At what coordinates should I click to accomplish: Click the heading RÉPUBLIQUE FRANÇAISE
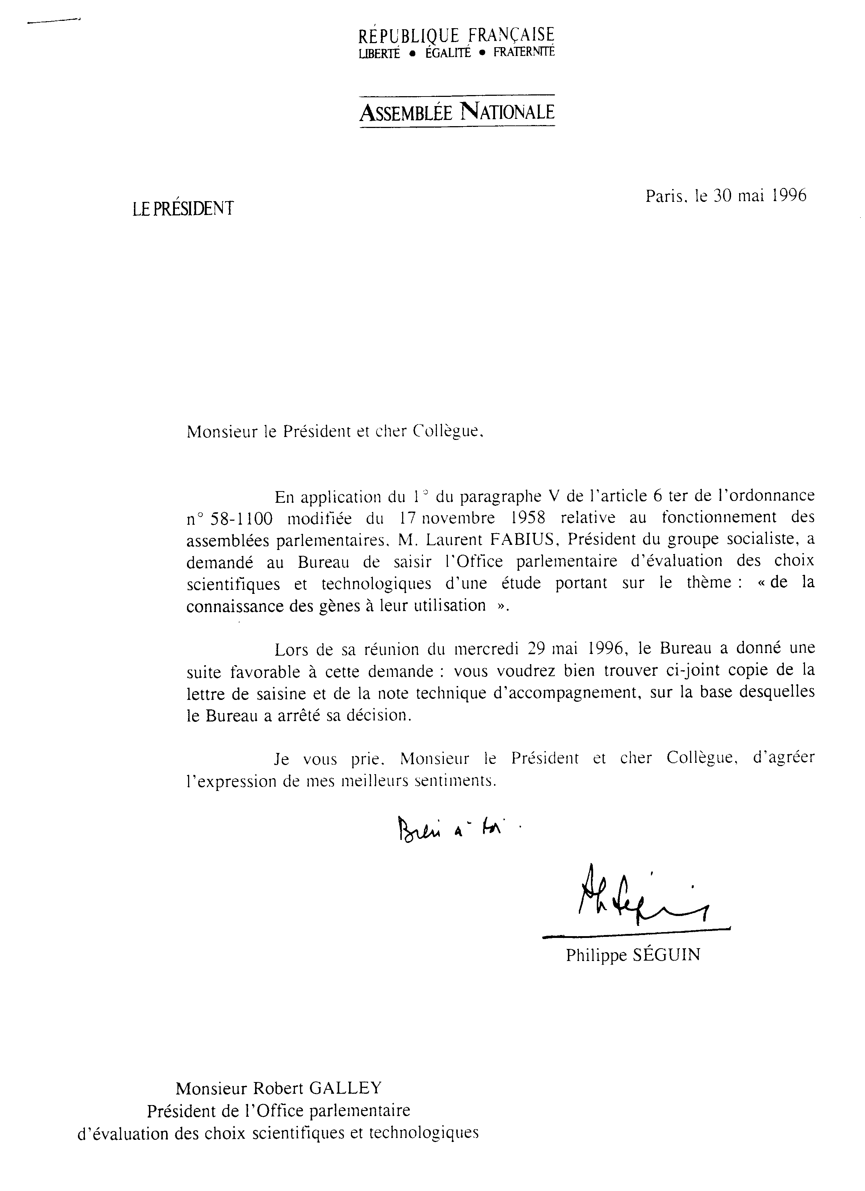pyautogui.click(x=456, y=35)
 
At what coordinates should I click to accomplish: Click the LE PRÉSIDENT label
pyautogui.click(x=183, y=209)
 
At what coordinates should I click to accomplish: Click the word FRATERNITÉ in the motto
pyautogui.click(x=524, y=53)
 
